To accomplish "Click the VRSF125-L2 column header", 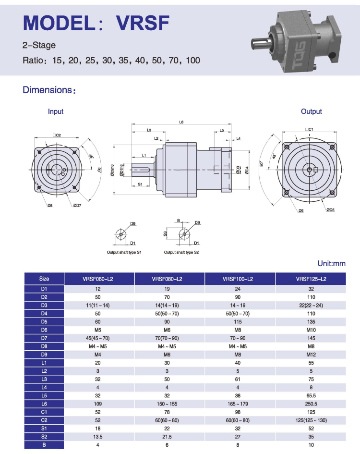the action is coord(311,279).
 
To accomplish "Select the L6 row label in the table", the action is coord(44,404).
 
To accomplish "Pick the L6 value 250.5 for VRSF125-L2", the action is coord(311,404).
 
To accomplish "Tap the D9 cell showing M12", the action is coord(311,355).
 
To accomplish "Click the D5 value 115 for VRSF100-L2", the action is coord(238,321).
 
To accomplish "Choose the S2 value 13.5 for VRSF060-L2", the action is coord(98,436).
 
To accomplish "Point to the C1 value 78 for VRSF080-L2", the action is coord(167,412).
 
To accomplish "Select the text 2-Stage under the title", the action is coord(39,45).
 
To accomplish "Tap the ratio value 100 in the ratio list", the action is coord(193,60).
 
